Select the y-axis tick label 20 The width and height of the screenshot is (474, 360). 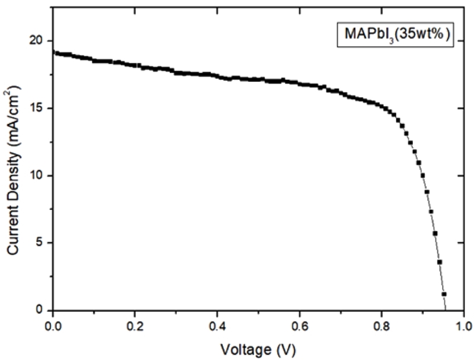tap(39, 40)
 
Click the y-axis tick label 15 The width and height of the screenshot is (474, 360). tap(39, 108)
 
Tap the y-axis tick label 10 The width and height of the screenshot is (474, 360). tap(39, 176)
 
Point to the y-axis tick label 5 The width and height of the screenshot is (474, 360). tap(42, 243)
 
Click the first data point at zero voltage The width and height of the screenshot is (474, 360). tap(53, 52)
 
